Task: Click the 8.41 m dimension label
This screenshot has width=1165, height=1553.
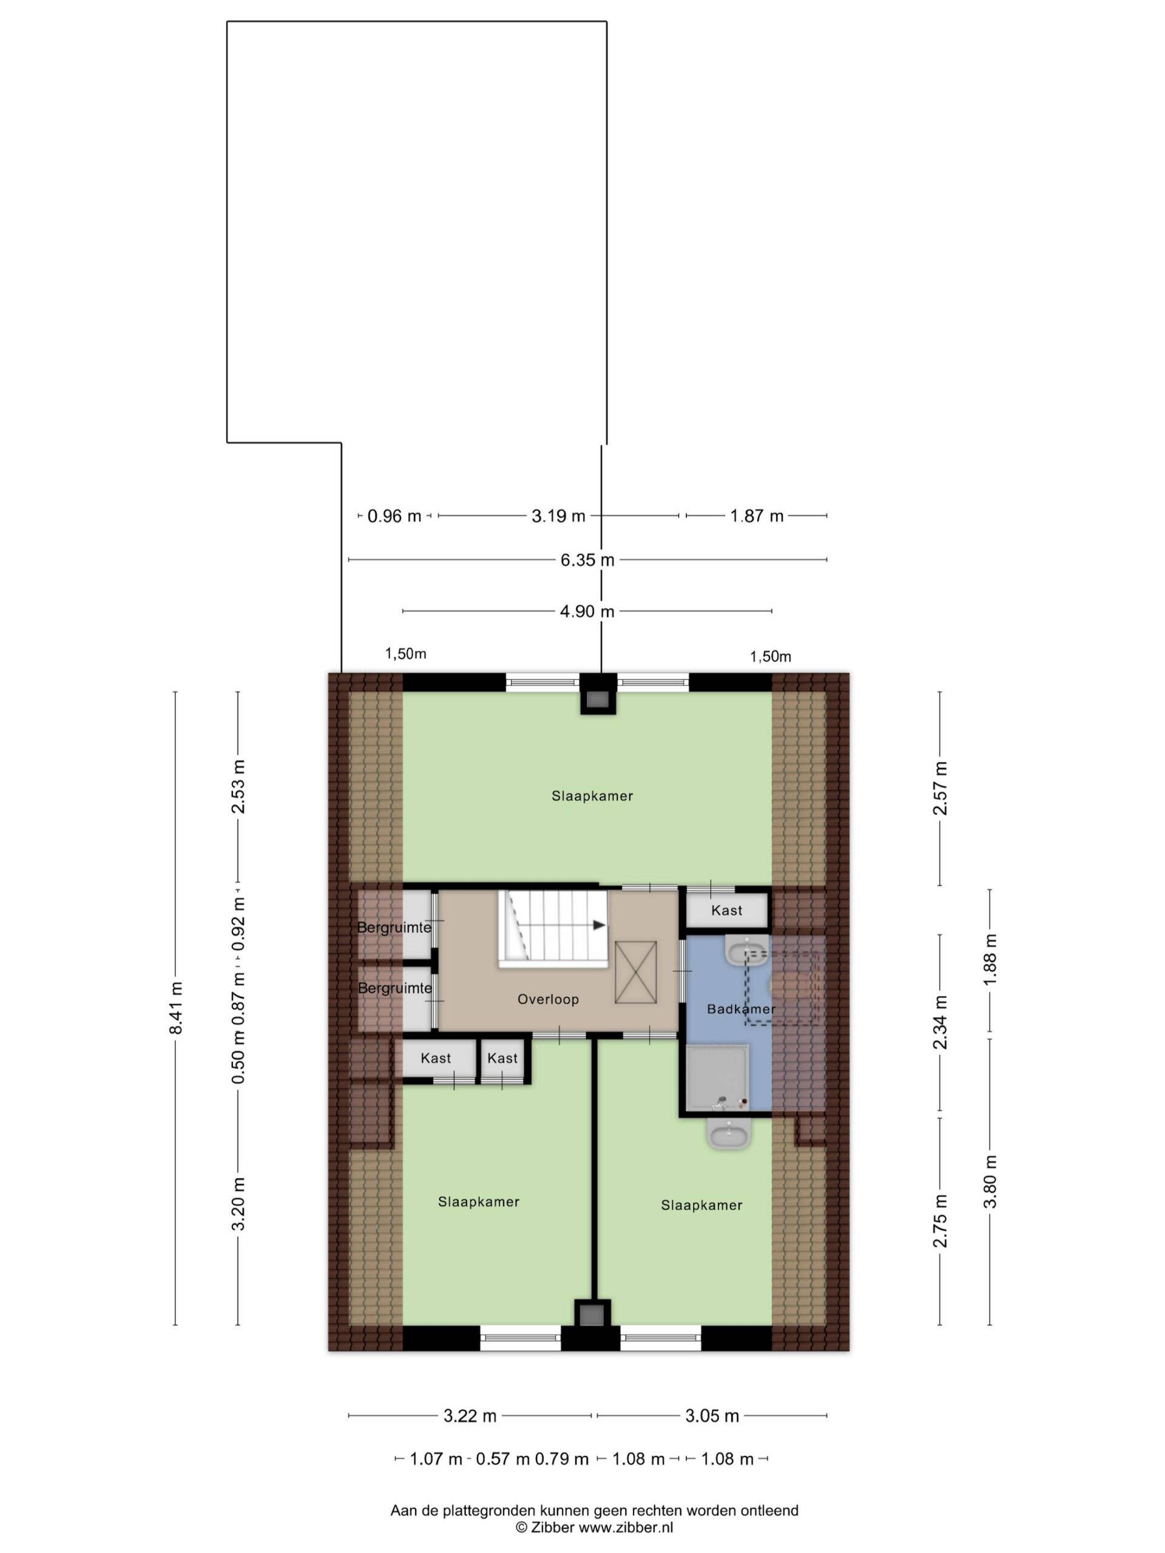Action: pos(176,1008)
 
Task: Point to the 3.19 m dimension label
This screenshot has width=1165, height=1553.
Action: pos(558,516)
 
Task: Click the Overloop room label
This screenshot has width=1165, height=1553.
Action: pos(548,999)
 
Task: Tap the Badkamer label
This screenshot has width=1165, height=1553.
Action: pos(741,1009)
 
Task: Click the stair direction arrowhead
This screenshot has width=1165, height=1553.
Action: pos(599,925)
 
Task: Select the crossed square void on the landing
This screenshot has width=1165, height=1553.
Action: pos(635,973)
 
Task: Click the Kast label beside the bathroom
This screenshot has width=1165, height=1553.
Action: pos(726,911)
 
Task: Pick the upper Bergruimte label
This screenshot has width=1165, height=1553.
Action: pos(394,928)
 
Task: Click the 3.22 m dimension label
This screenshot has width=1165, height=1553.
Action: pos(470,1416)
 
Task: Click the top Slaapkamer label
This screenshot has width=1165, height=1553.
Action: pos(592,796)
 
